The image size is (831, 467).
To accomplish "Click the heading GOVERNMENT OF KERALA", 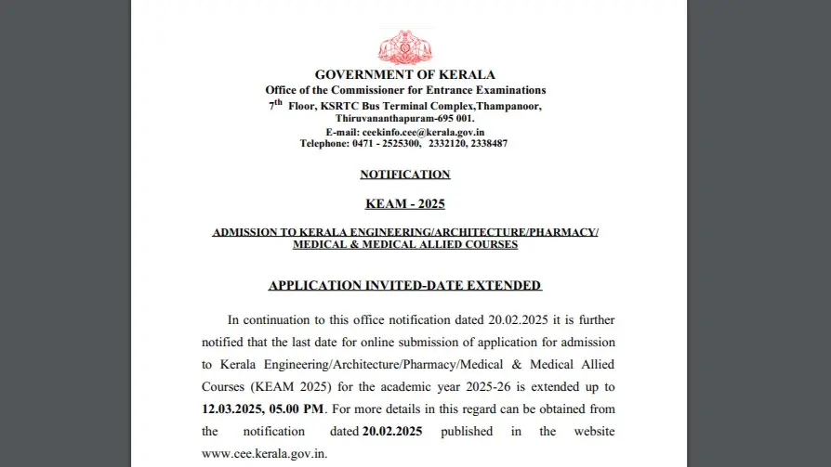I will click(405, 74).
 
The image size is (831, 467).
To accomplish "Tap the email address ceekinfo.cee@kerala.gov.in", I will click(423, 132).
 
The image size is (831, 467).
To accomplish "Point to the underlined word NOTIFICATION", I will click(405, 175).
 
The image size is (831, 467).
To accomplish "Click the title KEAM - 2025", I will click(405, 203).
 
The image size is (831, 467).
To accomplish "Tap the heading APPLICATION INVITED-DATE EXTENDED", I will click(405, 285).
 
